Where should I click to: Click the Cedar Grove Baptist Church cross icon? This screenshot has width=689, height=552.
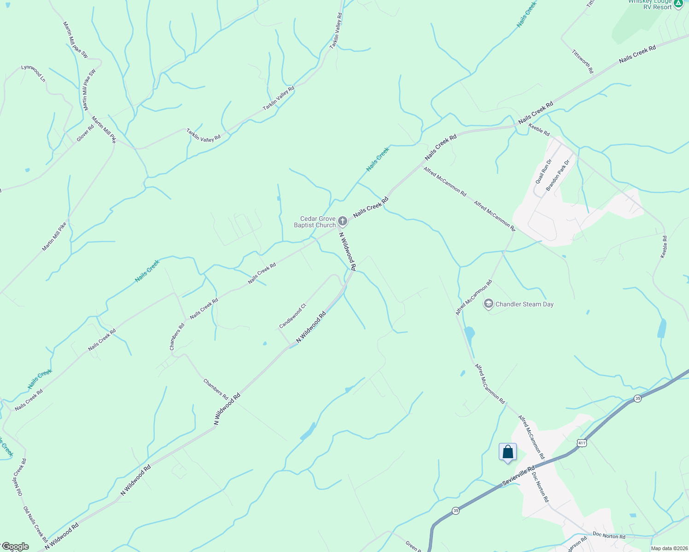[342, 222]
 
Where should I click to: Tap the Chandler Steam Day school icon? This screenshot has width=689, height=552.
[488, 304]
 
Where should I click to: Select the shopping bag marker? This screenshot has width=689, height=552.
[508, 452]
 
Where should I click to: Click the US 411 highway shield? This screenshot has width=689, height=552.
[582, 443]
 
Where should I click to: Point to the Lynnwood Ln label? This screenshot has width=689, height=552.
[34, 74]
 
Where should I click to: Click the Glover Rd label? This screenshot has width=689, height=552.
[85, 133]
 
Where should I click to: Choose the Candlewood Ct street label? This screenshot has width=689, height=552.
[292, 316]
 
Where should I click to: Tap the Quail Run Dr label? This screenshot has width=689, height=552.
[543, 172]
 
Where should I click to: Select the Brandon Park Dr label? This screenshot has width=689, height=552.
[557, 175]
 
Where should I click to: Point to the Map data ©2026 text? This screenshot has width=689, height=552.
[669, 548]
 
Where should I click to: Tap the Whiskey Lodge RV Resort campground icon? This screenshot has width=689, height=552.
[678, 4]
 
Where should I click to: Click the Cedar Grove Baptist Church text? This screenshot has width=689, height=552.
[315, 222]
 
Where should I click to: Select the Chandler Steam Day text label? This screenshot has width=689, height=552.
[524, 304]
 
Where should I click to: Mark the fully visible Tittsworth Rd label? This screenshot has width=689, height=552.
[583, 61]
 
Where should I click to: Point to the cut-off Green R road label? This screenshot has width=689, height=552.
[412, 546]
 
